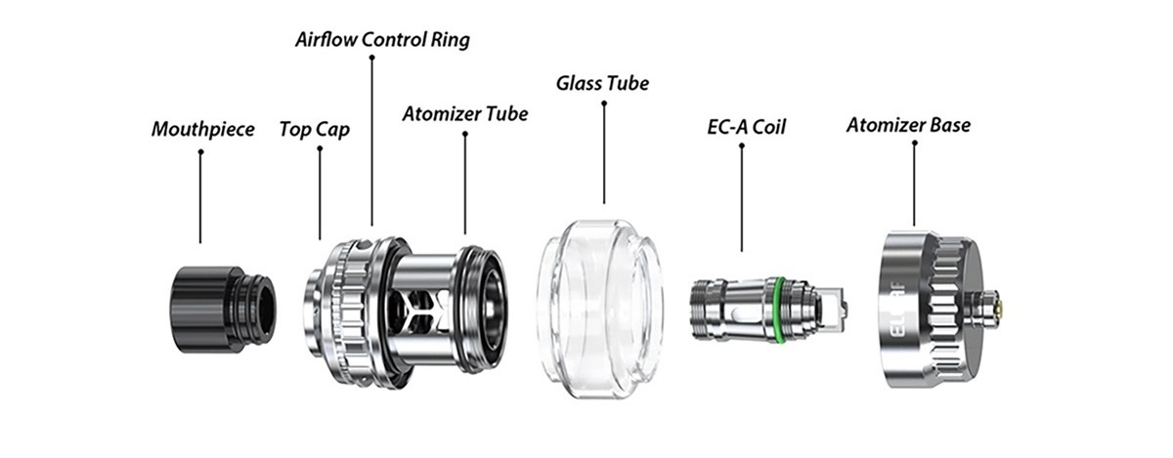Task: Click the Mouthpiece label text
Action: click(203, 129)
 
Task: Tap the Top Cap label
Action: click(314, 129)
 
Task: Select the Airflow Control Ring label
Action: click(382, 40)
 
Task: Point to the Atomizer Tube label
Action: click(465, 114)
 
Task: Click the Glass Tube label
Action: click(602, 83)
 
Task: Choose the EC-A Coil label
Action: click(746, 127)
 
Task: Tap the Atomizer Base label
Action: click(908, 125)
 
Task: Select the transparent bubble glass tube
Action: click(601, 309)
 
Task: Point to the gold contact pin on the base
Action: click(1001, 309)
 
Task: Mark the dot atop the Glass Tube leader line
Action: click(604, 104)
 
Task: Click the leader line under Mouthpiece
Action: click(200, 198)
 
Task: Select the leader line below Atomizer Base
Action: click(914, 184)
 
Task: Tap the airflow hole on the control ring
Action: click(364, 244)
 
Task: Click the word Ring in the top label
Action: click(451, 40)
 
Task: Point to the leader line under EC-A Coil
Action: click(742, 199)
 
